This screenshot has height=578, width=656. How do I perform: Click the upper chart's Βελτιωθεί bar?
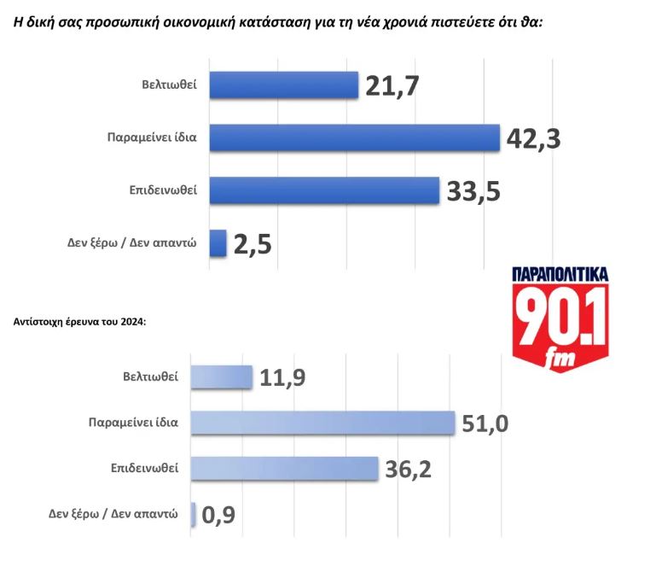tap(283, 85)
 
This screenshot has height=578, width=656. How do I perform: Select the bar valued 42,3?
tap(354, 137)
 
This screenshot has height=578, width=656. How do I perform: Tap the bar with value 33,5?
tap(324, 190)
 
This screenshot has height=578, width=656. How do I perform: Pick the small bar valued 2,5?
tap(218, 243)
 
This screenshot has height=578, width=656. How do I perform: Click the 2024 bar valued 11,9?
tap(221, 377)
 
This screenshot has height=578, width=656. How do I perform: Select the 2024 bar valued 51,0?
tap(322, 423)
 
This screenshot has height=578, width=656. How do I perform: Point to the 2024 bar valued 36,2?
tap(283, 469)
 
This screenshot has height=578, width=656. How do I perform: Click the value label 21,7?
tap(392, 85)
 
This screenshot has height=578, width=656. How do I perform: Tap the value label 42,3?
tap(533, 138)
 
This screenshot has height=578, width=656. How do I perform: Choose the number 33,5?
tap(473, 191)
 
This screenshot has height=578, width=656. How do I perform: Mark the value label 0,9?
tap(220, 516)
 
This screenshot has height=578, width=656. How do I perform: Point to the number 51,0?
tap(485, 423)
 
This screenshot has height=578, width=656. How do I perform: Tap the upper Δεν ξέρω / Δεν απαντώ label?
tap(131, 243)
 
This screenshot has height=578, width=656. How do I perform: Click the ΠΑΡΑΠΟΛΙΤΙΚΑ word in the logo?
tap(560, 274)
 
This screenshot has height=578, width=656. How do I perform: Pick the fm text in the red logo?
tap(562, 359)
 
